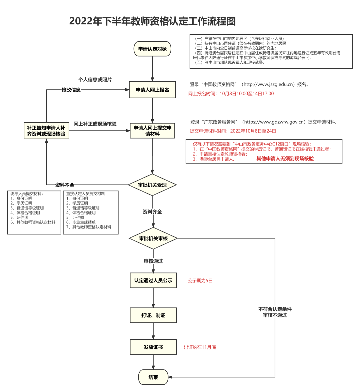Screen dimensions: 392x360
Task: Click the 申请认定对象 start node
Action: tap(152, 49)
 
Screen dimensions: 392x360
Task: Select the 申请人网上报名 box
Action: tap(152, 90)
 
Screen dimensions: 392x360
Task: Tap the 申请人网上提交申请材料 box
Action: tap(152, 131)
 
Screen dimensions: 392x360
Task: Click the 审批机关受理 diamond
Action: tap(152, 185)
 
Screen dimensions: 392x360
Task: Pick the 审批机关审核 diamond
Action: tap(153, 238)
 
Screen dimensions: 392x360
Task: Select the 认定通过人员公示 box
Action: tap(153, 280)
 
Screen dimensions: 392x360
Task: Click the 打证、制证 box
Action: tap(153, 315)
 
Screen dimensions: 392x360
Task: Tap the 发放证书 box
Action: tap(153, 347)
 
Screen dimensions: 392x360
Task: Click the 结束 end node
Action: tap(153, 377)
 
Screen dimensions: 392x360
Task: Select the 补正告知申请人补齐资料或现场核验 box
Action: tap(46, 131)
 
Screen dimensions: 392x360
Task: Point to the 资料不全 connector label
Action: tap(65, 185)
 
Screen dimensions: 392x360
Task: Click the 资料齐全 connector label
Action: tap(152, 211)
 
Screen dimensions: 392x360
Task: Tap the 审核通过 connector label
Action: tap(153, 261)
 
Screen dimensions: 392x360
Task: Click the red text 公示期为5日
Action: tap(200, 281)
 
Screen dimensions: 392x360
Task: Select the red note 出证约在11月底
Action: tap(200, 347)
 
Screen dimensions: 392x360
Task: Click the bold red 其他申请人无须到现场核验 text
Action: tap(285, 159)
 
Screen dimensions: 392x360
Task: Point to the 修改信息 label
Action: tap(71, 90)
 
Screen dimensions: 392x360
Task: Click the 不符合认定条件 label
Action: tap(275, 309)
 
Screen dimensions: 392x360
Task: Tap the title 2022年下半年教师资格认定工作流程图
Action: tap(152, 21)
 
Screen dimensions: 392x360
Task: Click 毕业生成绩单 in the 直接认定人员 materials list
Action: tap(84, 222)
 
